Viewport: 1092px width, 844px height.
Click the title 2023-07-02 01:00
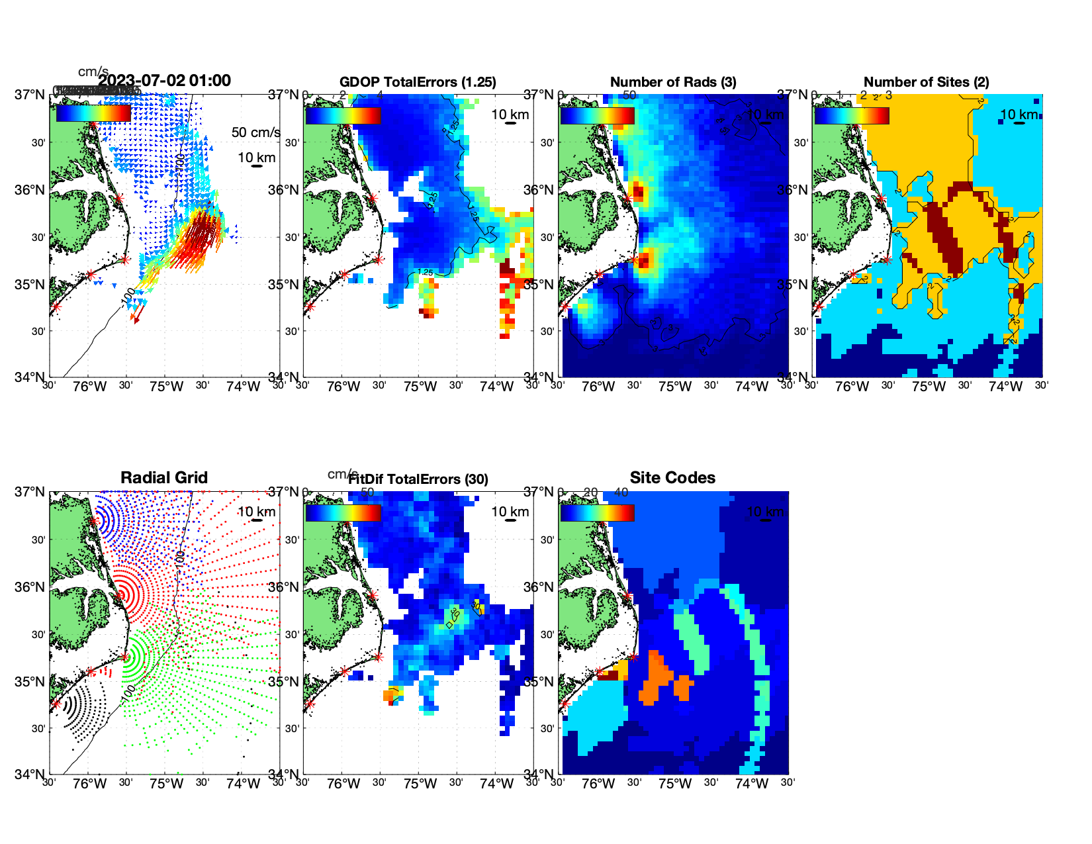tap(165, 81)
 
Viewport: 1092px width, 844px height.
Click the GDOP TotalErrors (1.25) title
tap(418, 82)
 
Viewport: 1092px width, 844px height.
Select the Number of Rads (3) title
tap(673, 82)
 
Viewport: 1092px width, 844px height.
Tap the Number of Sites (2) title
tap(926, 82)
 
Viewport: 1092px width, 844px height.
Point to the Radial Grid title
tap(164, 478)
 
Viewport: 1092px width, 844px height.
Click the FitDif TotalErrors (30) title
tap(418, 479)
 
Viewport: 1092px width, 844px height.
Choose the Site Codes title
tap(672, 478)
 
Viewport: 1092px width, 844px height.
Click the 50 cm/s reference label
tap(255, 132)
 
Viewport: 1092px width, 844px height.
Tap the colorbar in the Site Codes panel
tap(597, 513)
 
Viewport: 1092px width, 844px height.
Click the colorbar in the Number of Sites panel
tap(852, 116)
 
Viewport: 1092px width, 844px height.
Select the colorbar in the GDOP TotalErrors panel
tap(343, 116)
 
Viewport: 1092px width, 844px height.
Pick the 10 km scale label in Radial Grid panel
tap(256, 512)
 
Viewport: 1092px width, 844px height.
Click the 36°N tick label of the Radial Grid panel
tap(30, 587)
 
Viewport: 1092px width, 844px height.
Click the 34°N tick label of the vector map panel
tap(30, 377)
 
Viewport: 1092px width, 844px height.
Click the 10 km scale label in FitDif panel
tap(510, 512)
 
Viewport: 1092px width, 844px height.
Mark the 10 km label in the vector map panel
tap(256, 158)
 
